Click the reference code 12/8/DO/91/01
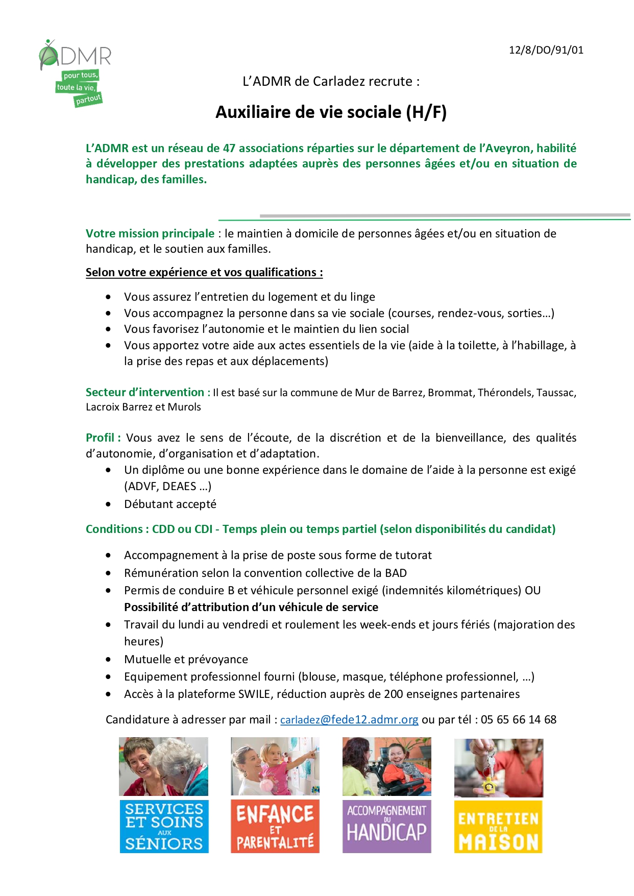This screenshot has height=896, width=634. coord(546,50)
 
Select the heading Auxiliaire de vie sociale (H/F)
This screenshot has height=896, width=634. coord(331,112)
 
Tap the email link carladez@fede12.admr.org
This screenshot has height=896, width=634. coord(349,719)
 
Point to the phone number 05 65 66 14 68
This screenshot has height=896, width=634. coord(518,719)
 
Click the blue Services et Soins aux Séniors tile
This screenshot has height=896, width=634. coord(164,826)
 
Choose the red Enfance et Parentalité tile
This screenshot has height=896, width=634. coord(275,826)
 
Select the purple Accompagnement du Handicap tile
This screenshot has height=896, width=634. coord(386,826)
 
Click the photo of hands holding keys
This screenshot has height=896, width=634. coord(498,767)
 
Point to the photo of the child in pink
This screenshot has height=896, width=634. coord(275,766)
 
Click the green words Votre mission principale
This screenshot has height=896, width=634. coord(150,233)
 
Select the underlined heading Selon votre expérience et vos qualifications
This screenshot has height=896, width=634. coord(204,272)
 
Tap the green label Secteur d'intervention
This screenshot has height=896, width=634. coord(148,392)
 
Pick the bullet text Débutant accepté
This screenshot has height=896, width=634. coord(170,504)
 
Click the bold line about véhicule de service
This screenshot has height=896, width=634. coord(251,607)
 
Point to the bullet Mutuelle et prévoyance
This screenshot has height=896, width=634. coord(186,659)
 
